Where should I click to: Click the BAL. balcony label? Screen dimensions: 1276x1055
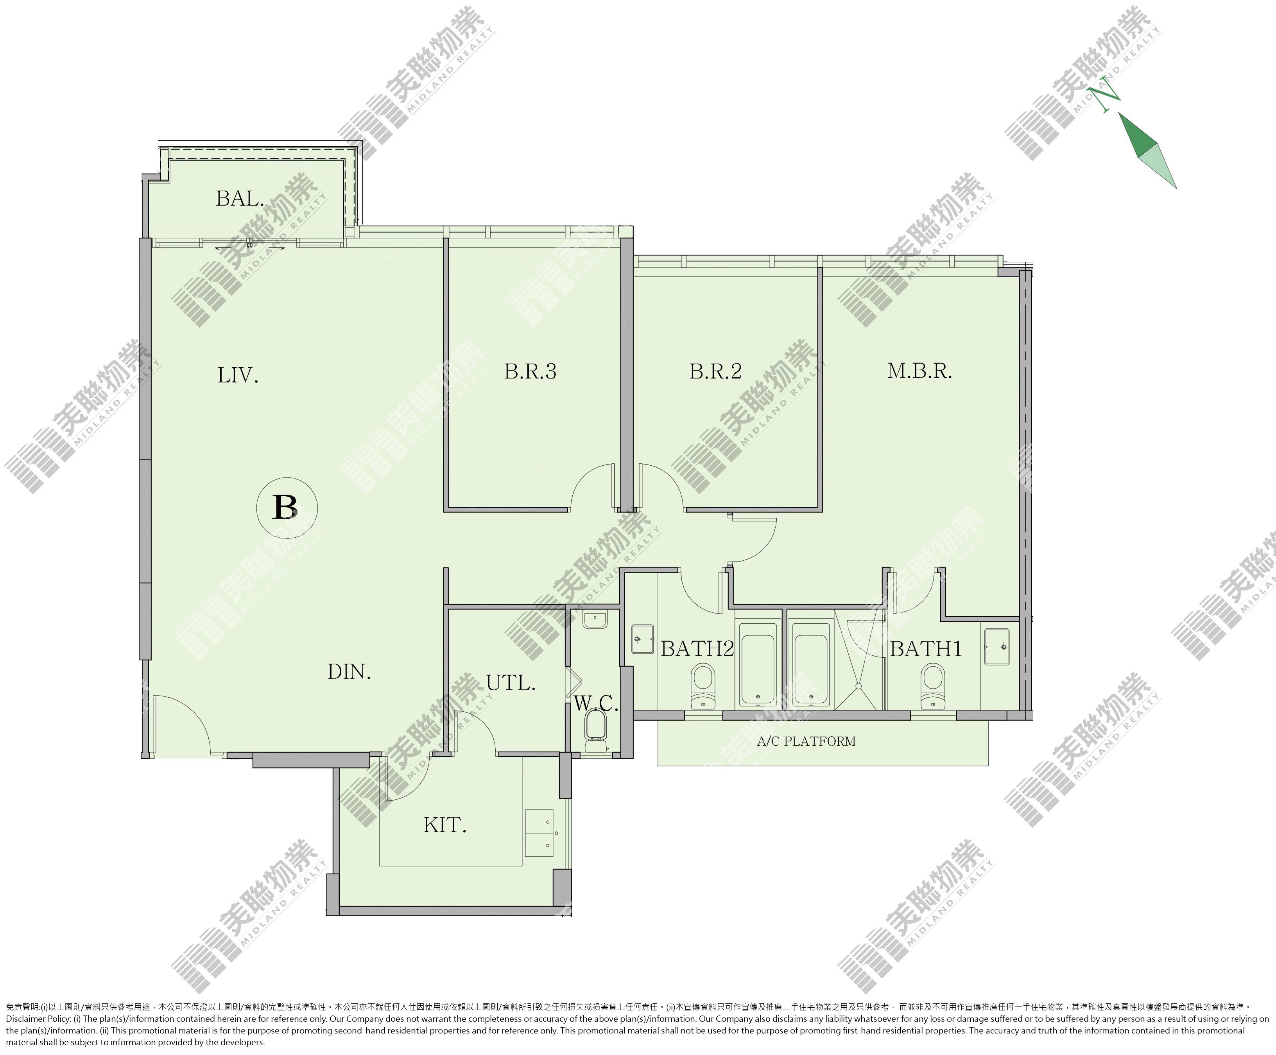(x=240, y=198)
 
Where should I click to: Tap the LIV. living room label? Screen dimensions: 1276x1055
(x=238, y=375)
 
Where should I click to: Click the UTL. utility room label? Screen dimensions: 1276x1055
(x=511, y=683)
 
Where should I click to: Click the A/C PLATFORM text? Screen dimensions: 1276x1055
(x=806, y=741)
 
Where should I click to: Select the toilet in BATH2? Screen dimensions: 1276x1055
(x=703, y=685)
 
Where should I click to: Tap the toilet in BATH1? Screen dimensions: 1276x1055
(x=933, y=685)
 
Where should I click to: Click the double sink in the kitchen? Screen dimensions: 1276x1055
(x=539, y=833)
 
